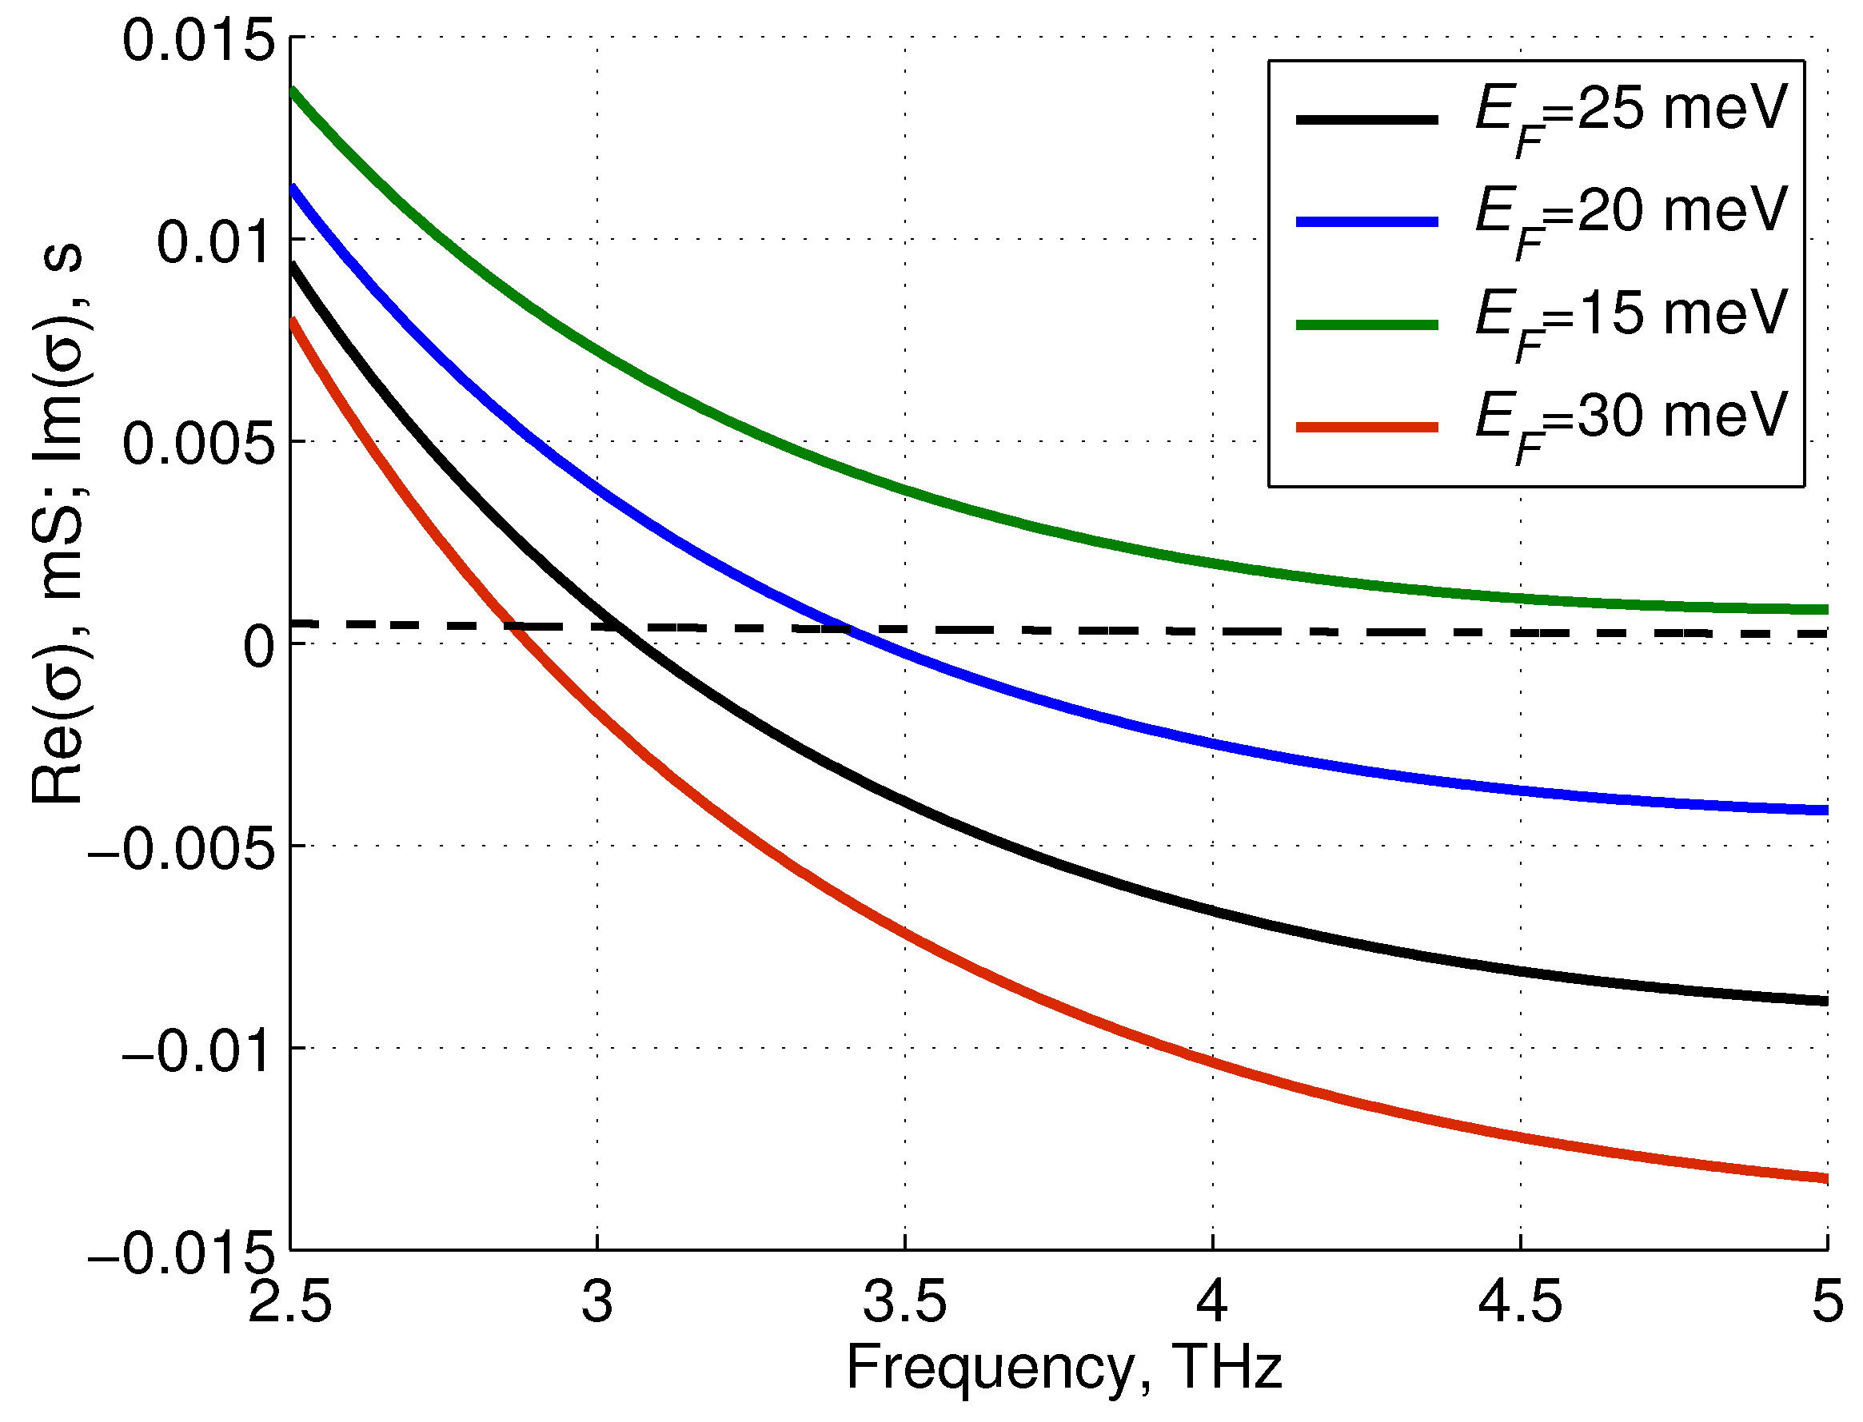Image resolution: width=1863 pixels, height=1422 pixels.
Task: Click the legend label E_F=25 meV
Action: pos(1630,114)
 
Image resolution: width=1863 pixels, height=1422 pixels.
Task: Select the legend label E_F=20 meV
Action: pos(1630,216)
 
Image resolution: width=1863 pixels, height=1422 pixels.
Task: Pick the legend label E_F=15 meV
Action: pos(1630,319)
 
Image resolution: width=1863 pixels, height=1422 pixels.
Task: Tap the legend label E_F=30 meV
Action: pos(1630,421)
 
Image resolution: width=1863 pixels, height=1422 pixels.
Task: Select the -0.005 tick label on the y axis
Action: pos(182,849)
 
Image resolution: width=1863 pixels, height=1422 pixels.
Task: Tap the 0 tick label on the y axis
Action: pos(259,647)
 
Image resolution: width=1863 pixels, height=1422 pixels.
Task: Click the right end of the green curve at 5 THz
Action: pos(1825,609)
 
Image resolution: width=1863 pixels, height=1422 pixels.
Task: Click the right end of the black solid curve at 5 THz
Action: pos(1825,1002)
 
